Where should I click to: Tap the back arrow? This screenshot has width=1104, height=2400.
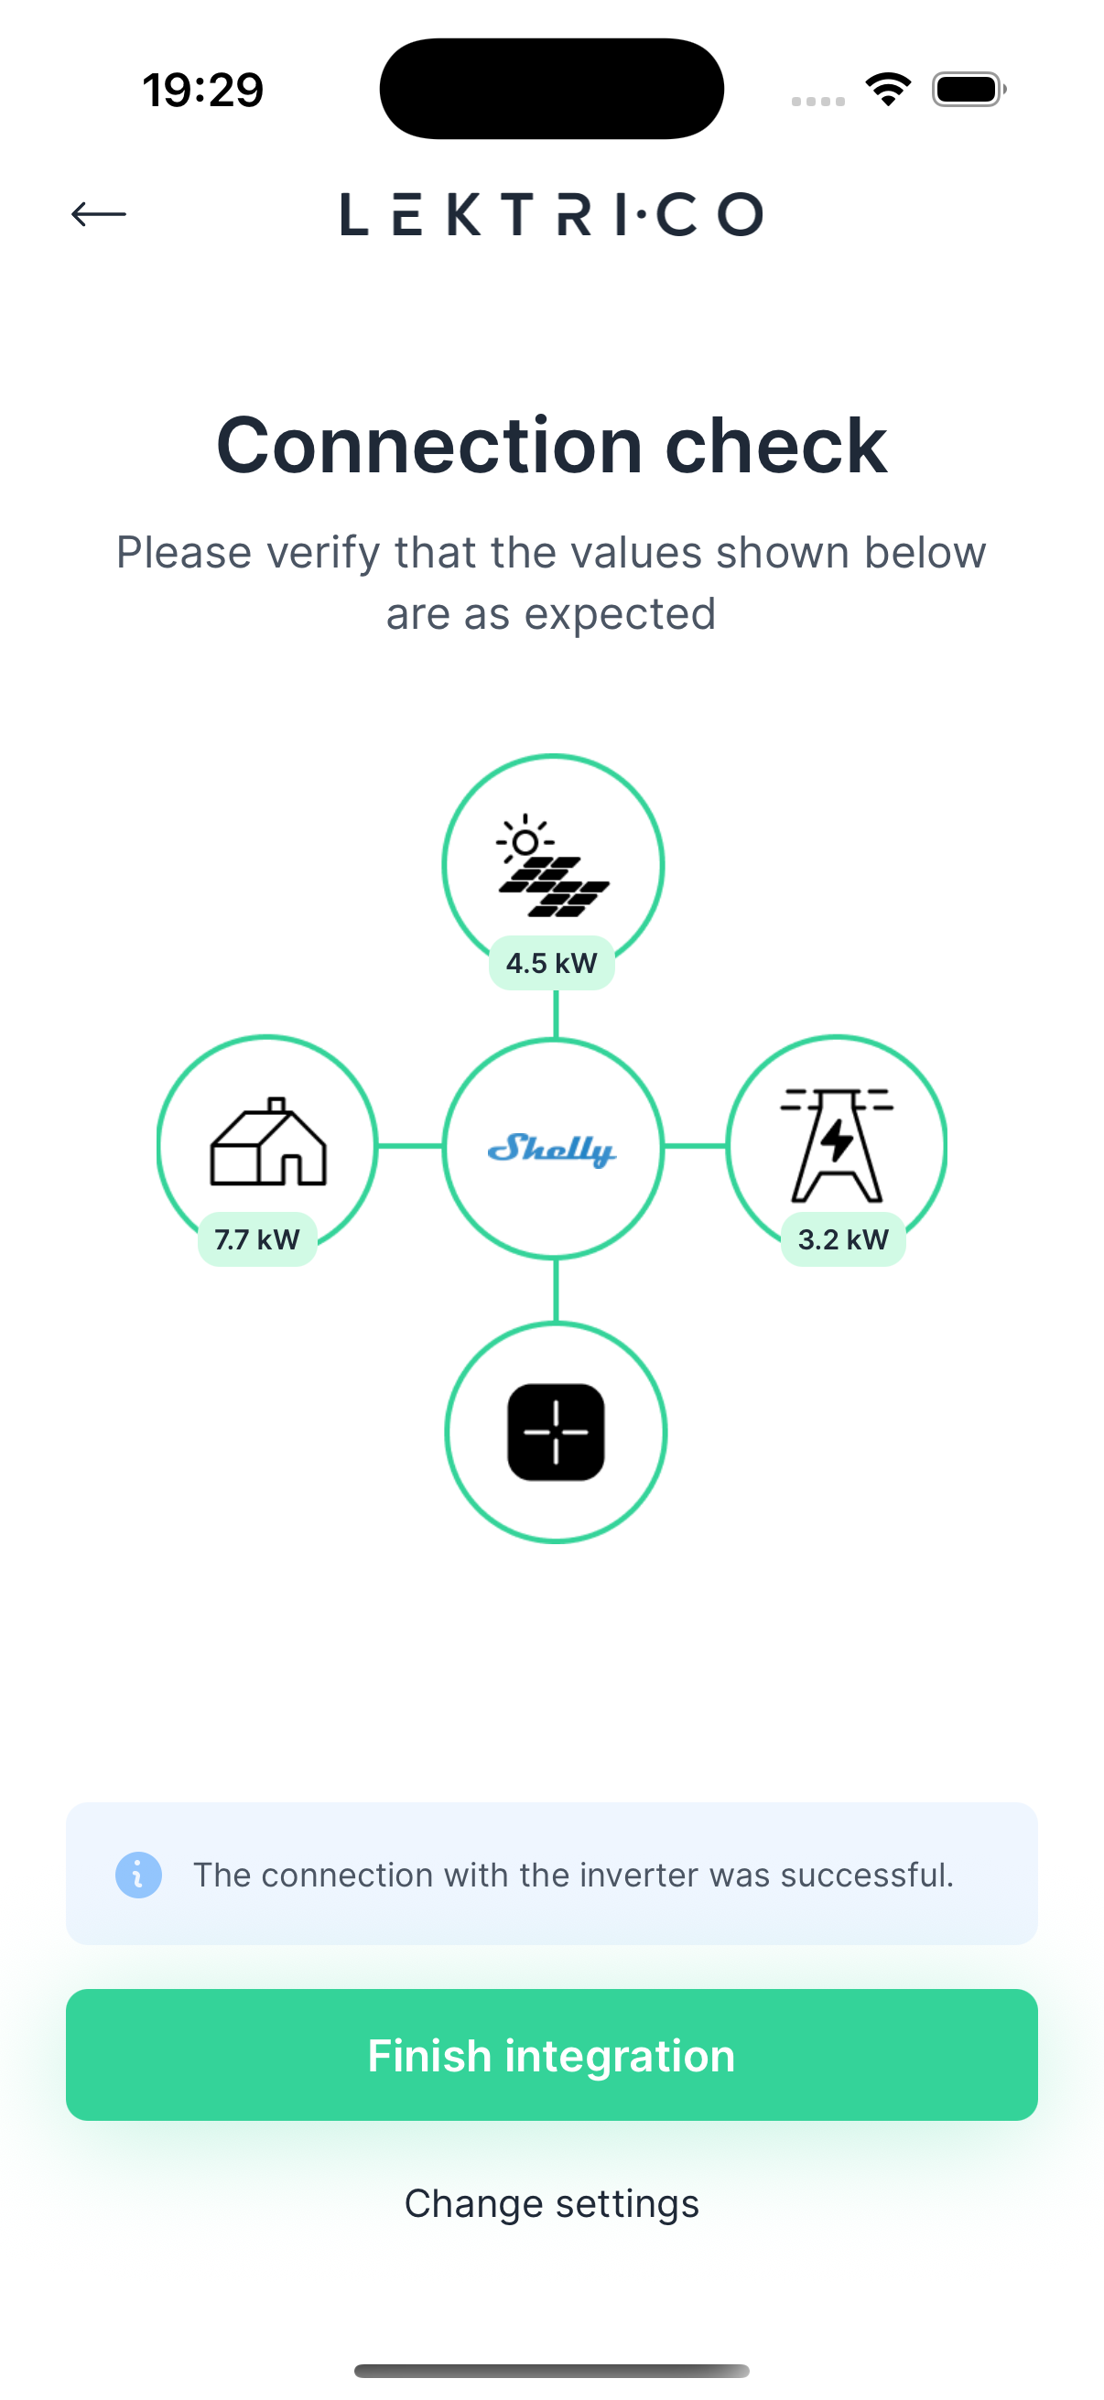[99, 214]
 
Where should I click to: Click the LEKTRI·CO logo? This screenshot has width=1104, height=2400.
[551, 214]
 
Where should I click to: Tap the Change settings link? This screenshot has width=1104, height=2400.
[551, 2203]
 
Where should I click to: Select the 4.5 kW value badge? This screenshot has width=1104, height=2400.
[551, 962]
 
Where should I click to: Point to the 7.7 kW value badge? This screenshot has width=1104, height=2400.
[257, 1239]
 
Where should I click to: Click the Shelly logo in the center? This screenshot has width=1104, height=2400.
[551, 1149]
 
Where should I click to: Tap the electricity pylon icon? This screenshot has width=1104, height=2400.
[837, 1144]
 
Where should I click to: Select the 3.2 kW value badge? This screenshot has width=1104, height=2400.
[843, 1239]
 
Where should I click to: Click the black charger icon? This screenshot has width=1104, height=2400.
[556, 1432]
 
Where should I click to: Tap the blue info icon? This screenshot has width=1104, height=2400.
[139, 1875]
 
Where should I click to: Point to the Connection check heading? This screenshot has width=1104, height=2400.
[551, 446]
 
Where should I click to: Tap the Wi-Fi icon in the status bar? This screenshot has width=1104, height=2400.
[888, 90]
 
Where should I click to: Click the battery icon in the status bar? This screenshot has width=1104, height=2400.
[968, 90]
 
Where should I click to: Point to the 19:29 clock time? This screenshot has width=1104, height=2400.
[203, 91]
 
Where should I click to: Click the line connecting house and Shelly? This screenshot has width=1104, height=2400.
[410, 1146]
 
